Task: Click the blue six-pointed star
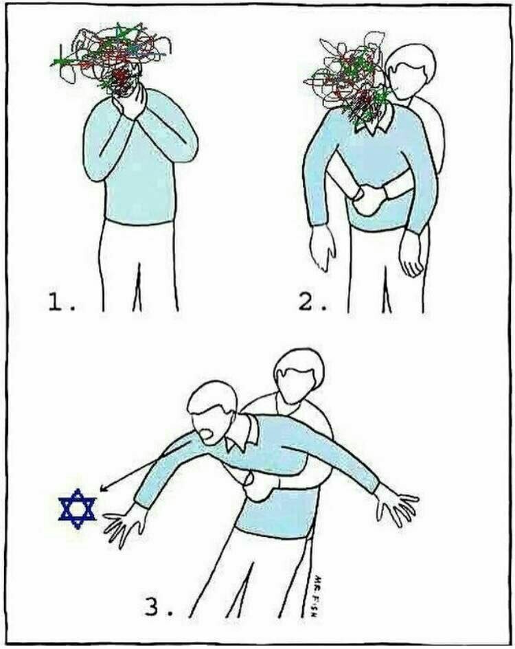78,509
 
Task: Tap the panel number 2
312,303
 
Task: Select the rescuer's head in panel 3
299,376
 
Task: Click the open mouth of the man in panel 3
207,435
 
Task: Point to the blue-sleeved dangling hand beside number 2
323,249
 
